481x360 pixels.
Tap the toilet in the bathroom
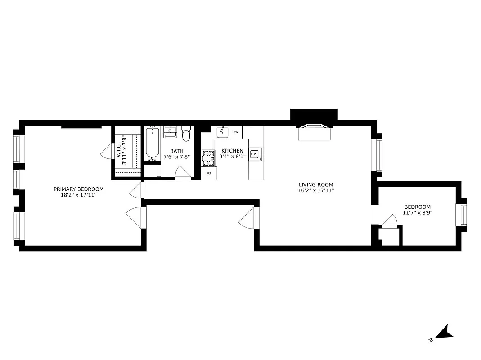pyautogui.click(x=186, y=134)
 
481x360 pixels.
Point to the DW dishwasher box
pyautogui.click(x=235, y=132)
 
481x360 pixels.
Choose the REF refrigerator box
pyautogui.click(x=209, y=173)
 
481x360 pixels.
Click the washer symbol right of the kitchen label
pyautogui.click(x=254, y=154)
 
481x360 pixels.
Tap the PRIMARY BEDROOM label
pyautogui.click(x=79, y=189)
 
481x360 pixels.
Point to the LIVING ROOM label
pyautogui.click(x=316, y=184)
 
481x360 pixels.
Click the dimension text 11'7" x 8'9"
pyautogui.click(x=417, y=213)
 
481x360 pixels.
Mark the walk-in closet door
pyautogui.click(x=106, y=152)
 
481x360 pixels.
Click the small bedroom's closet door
pyautogui.click(x=390, y=221)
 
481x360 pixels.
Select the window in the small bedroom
pyautogui.click(x=462, y=216)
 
